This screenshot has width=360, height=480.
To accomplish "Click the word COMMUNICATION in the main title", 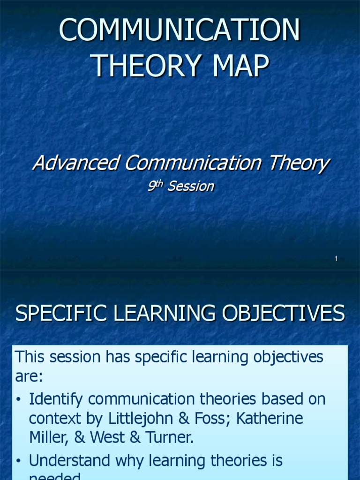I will tap(180, 31).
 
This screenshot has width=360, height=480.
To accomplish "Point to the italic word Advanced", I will tap(75, 164).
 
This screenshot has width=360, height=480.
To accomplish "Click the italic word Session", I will tap(191, 187).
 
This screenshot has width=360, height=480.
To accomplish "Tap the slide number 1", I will tap(337, 259).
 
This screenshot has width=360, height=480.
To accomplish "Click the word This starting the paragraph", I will tap(32, 357).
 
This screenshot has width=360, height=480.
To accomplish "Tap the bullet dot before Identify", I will tap(18, 400).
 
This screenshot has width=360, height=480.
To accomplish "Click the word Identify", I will tap(56, 400).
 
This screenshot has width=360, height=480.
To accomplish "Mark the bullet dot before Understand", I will tap(18, 462).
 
